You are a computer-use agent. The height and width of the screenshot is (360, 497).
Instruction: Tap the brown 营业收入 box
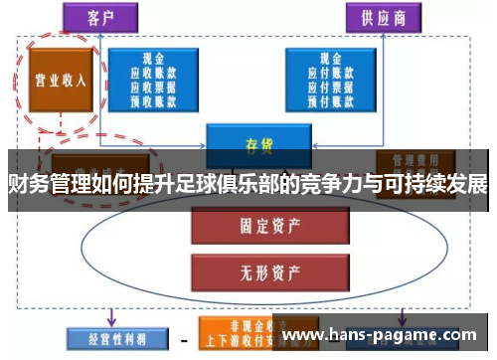click(56, 79)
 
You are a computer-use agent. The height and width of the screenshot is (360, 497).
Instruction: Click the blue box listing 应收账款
click(155, 78)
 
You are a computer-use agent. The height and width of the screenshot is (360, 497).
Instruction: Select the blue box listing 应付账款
click(335, 78)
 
